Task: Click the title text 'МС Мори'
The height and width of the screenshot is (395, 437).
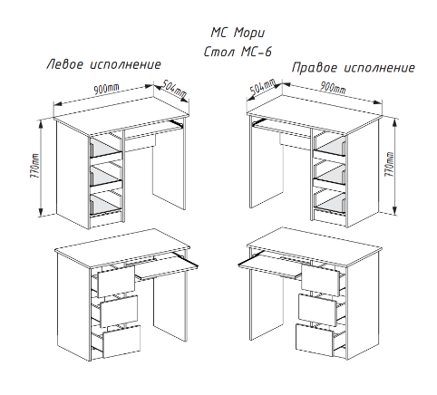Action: click(238, 33)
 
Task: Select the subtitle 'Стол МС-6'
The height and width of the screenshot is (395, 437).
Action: click(238, 52)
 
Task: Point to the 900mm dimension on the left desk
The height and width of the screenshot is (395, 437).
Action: click(106, 89)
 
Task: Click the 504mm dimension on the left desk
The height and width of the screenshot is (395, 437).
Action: click(173, 90)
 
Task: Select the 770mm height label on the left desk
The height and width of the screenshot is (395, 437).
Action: click(34, 166)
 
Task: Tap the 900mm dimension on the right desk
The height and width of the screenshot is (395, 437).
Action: click(333, 88)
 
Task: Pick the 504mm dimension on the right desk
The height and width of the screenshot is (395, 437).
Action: click(263, 87)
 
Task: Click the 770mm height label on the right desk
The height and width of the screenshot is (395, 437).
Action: click(390, 164)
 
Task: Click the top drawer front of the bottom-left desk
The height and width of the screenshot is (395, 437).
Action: click(116, 281)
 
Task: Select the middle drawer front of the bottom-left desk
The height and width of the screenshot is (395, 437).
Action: click(119, 311)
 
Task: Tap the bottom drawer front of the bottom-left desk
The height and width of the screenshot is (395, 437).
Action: click(121, 342)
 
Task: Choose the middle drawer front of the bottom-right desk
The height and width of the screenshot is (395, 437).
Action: click(317, 309)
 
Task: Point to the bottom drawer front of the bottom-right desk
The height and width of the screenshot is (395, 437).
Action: click(315, 340)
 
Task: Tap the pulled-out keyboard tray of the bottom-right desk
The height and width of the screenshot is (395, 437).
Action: click(270, 265)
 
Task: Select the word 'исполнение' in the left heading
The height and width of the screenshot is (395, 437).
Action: click(126, 64)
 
